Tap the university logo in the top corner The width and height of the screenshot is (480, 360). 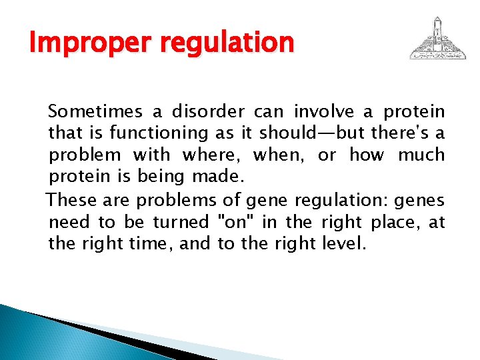coord(438,39)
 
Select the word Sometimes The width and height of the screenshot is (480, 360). coord(90,111)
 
